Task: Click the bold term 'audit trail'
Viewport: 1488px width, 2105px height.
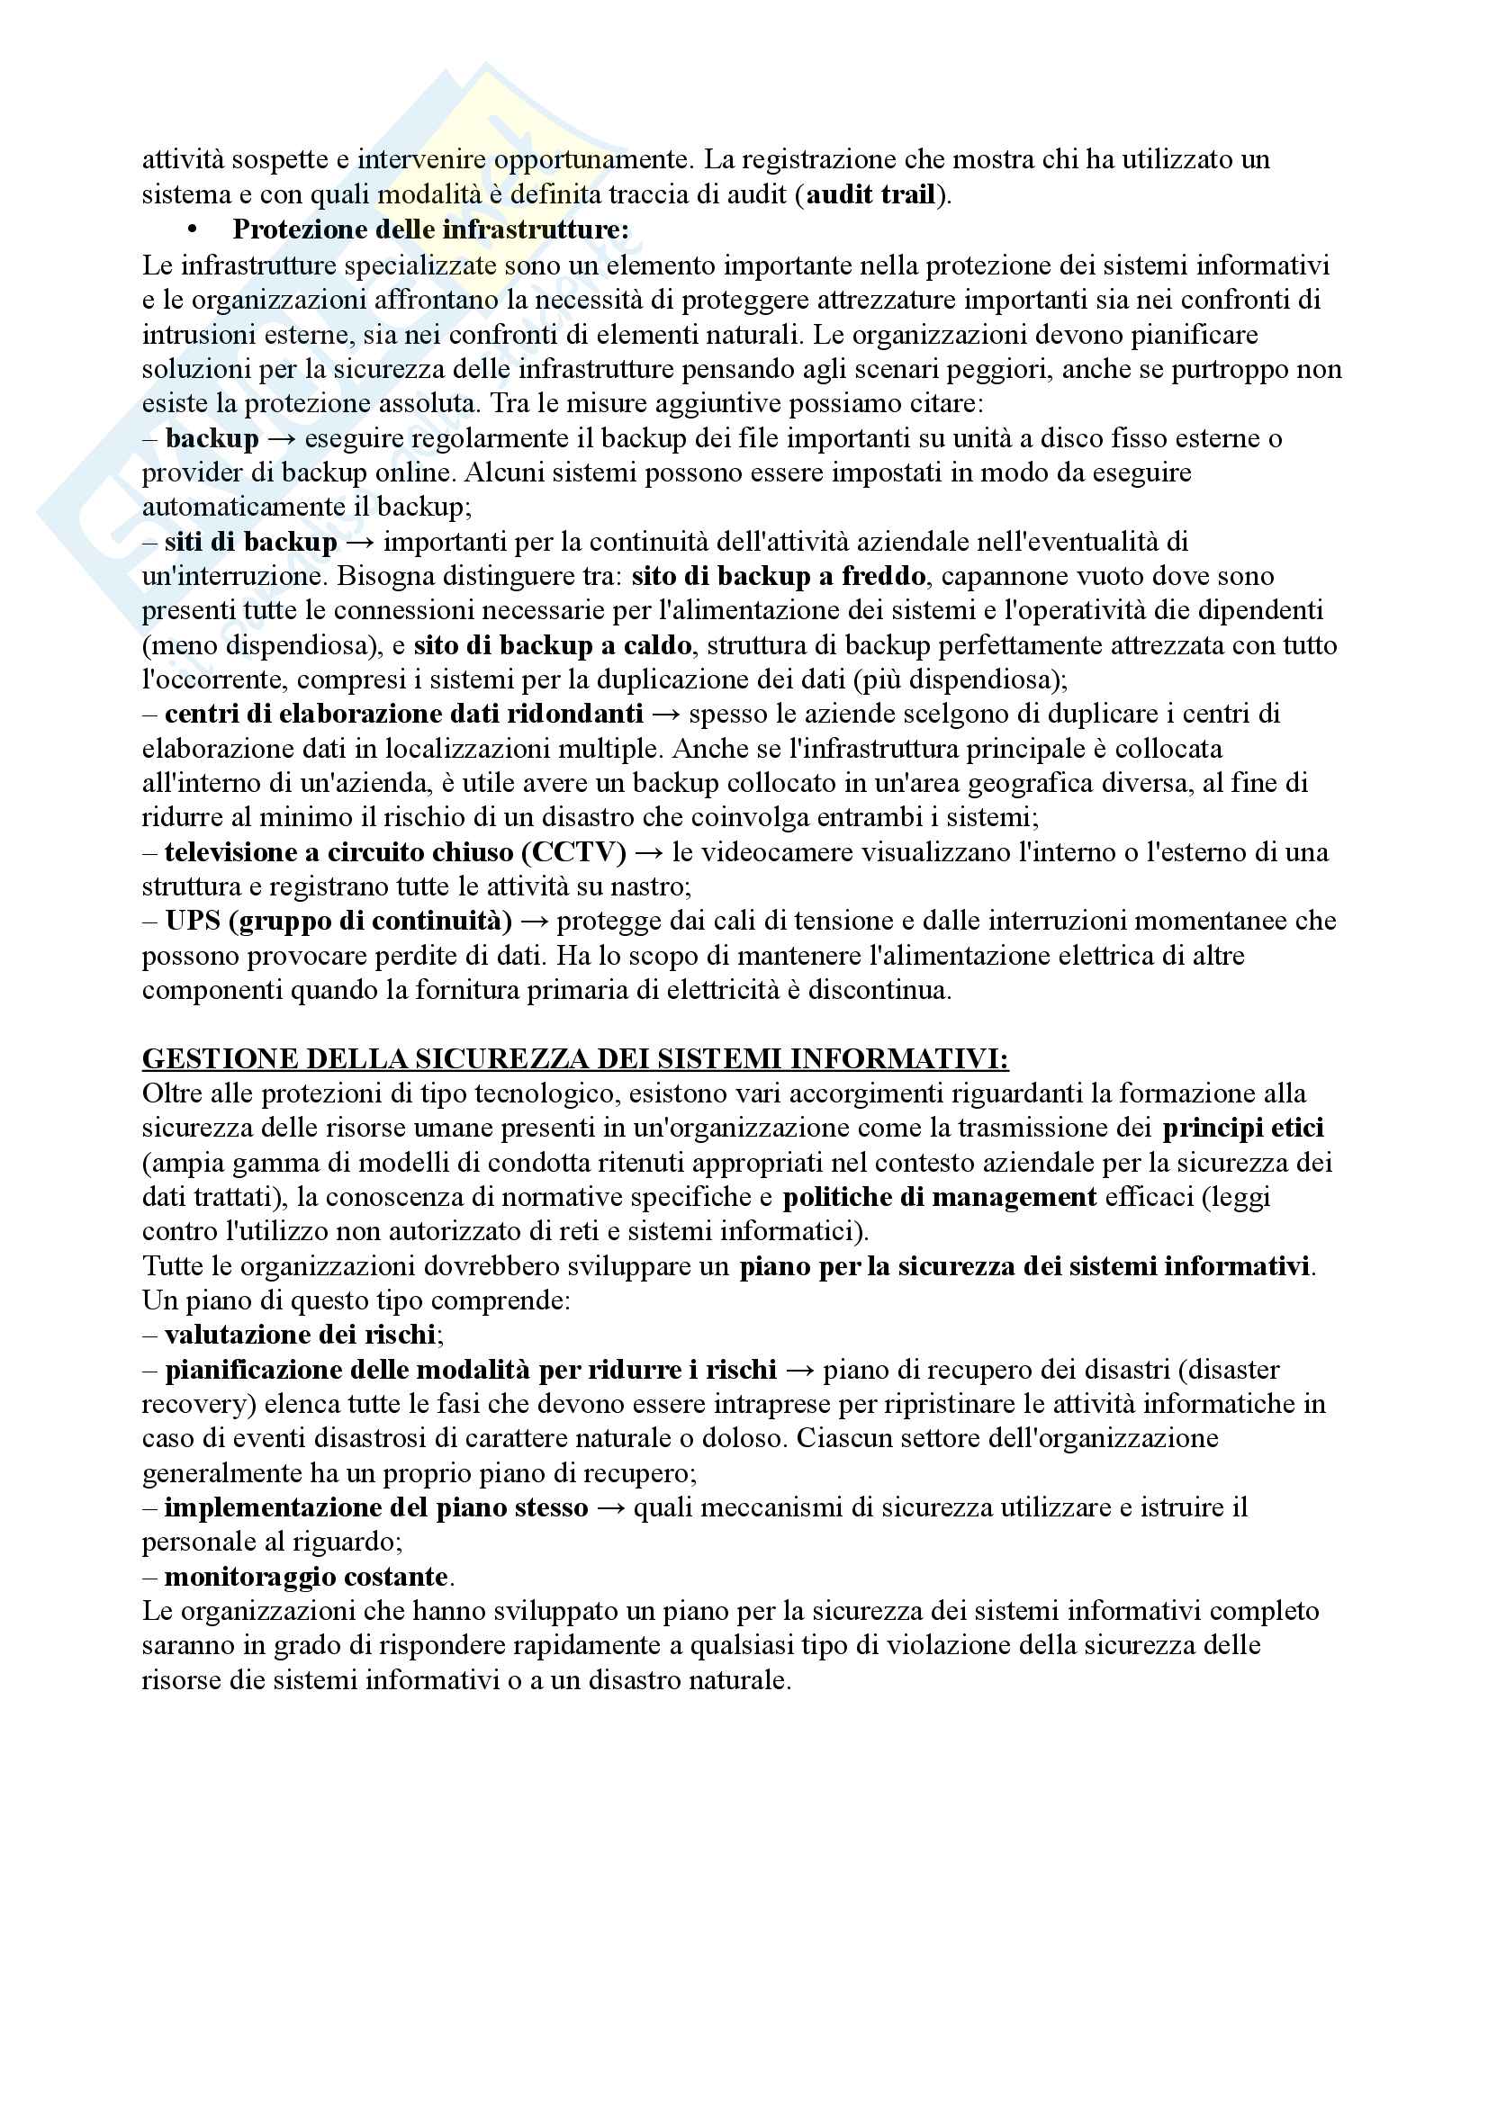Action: coord(871,194)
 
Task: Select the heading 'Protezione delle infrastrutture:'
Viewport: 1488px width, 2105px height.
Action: coord(431,229)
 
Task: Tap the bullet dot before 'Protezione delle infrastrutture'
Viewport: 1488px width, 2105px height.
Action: coord(192,229)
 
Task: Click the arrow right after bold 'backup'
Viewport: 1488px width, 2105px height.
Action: coord(282,438)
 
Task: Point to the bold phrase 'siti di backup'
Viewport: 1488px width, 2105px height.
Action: coord(251,542)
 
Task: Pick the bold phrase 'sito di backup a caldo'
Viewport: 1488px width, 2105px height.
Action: coord(552,645)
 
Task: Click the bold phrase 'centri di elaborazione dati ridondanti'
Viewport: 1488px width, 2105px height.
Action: coord(404,714)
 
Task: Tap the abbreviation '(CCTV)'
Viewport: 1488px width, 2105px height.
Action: coord(574,851)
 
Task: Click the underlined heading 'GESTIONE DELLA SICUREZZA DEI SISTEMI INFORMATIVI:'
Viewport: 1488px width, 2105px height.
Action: coord(575,1059)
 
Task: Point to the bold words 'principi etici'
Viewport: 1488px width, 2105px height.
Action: coord(1242,1128)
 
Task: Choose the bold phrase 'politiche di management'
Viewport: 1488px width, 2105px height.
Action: coord(940,1196)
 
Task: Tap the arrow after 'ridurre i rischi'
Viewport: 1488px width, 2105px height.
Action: coord(799,1370)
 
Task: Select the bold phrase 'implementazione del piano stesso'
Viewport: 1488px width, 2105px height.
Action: coord(376,1507)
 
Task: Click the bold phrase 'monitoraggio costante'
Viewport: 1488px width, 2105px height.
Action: coord(306,1577)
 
